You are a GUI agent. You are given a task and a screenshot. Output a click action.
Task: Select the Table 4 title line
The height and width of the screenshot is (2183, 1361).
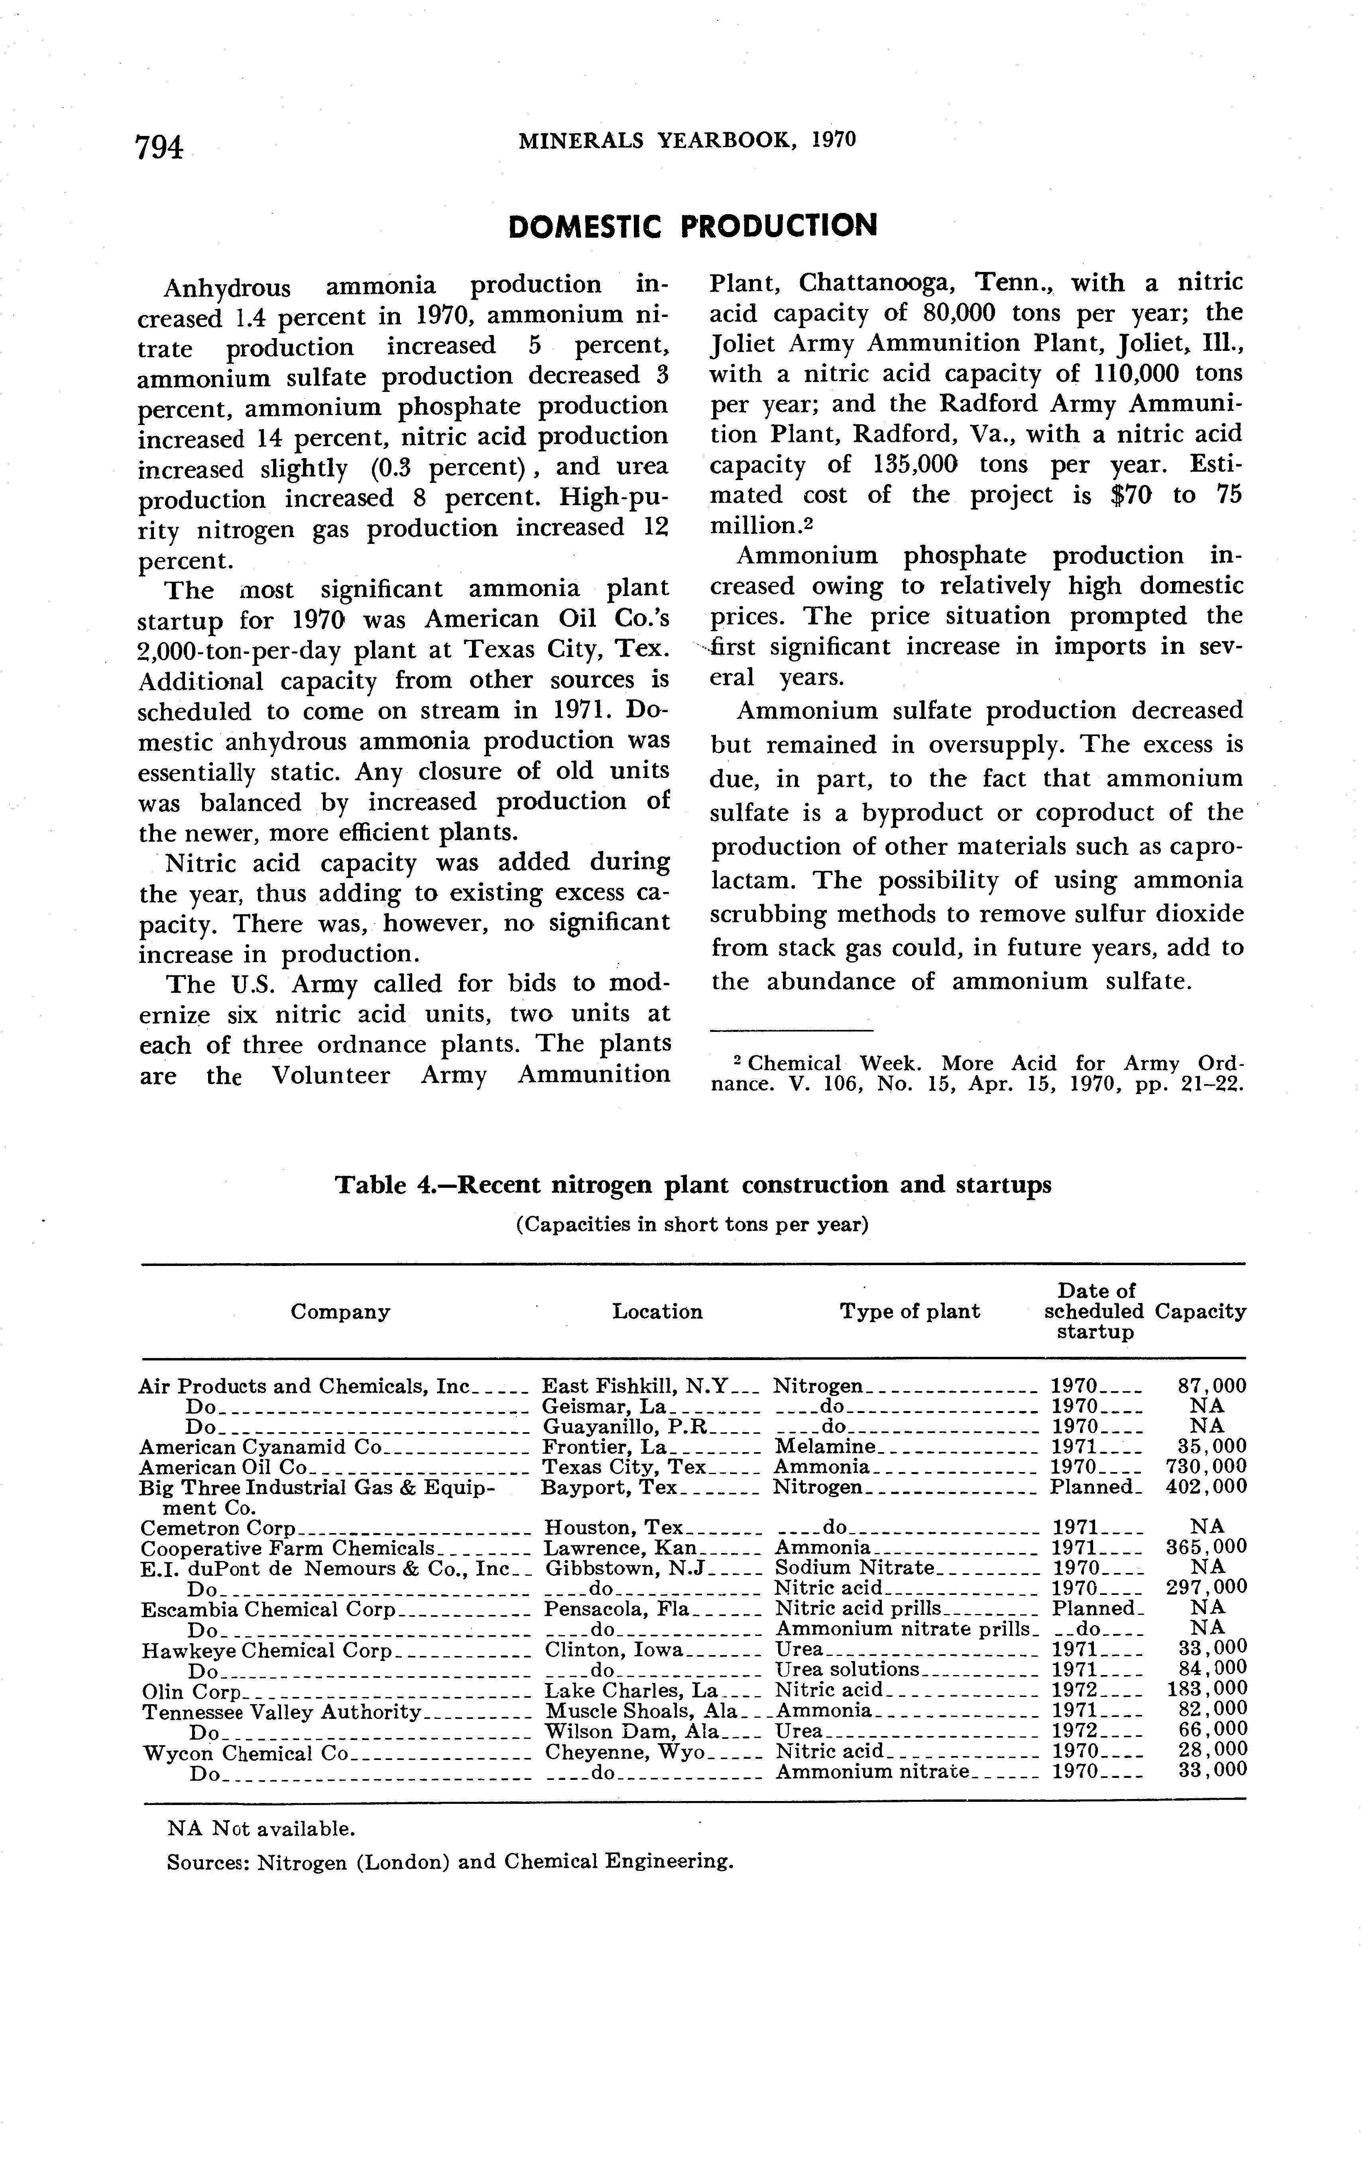point(692,1185)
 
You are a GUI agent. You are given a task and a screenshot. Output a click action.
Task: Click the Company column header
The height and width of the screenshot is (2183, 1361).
point(340,1312)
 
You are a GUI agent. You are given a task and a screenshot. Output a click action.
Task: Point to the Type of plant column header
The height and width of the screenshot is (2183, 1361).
point(909,1312)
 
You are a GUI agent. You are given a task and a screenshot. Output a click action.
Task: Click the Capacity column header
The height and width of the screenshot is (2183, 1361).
point(1200,1312)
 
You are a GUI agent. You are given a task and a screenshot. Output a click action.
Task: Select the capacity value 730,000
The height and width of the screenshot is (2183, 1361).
point(1206,1466)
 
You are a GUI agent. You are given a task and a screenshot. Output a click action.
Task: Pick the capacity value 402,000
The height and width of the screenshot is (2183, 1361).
point(1206,1486)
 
